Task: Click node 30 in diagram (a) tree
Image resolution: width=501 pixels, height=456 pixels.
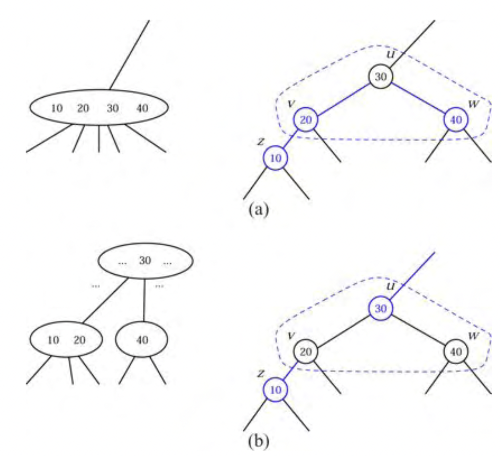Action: [380, 77]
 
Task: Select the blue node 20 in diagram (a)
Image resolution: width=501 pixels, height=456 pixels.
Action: [306, 120]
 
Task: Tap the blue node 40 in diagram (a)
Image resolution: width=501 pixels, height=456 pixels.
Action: [456, 120]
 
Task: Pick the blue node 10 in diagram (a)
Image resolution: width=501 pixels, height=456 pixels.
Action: [275, 158]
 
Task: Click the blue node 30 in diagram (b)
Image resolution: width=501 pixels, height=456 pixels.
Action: [380, 308]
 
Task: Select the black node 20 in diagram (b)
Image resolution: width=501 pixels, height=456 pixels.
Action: [306, 352]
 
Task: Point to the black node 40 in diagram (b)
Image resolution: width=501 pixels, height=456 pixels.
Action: [456, 352]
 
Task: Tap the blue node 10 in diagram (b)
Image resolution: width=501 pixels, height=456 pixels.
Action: [275, 390]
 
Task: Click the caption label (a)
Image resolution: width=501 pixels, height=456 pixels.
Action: [258, 209]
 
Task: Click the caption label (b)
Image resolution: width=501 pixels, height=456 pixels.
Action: [258, 441]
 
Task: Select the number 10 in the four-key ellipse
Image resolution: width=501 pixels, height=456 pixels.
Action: [57, 108]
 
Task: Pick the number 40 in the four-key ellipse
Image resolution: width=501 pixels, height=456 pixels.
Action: [142, 108]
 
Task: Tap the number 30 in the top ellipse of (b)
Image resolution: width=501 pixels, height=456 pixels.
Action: [145, 260]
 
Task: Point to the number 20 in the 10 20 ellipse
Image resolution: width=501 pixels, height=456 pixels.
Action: [79, 340]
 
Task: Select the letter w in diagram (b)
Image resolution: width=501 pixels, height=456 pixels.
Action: [473, 336]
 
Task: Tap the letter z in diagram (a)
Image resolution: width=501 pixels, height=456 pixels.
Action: [261, 141]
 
